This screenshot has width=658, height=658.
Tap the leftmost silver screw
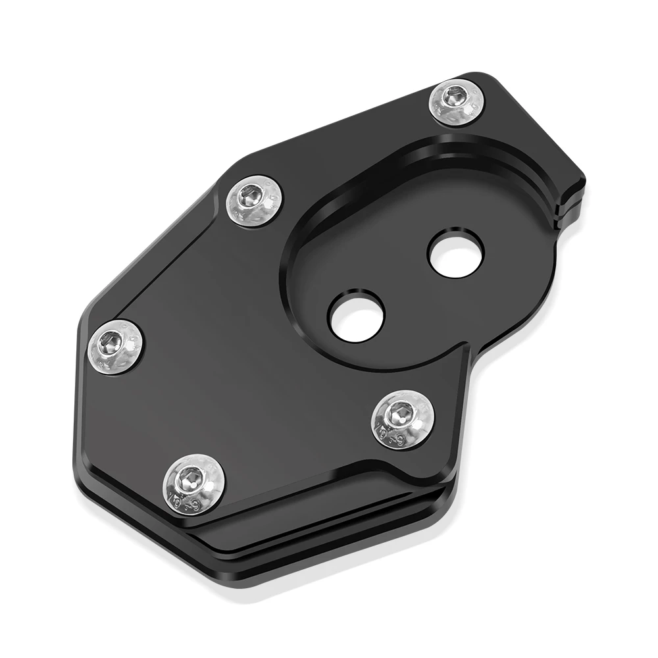tap(116, 341)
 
